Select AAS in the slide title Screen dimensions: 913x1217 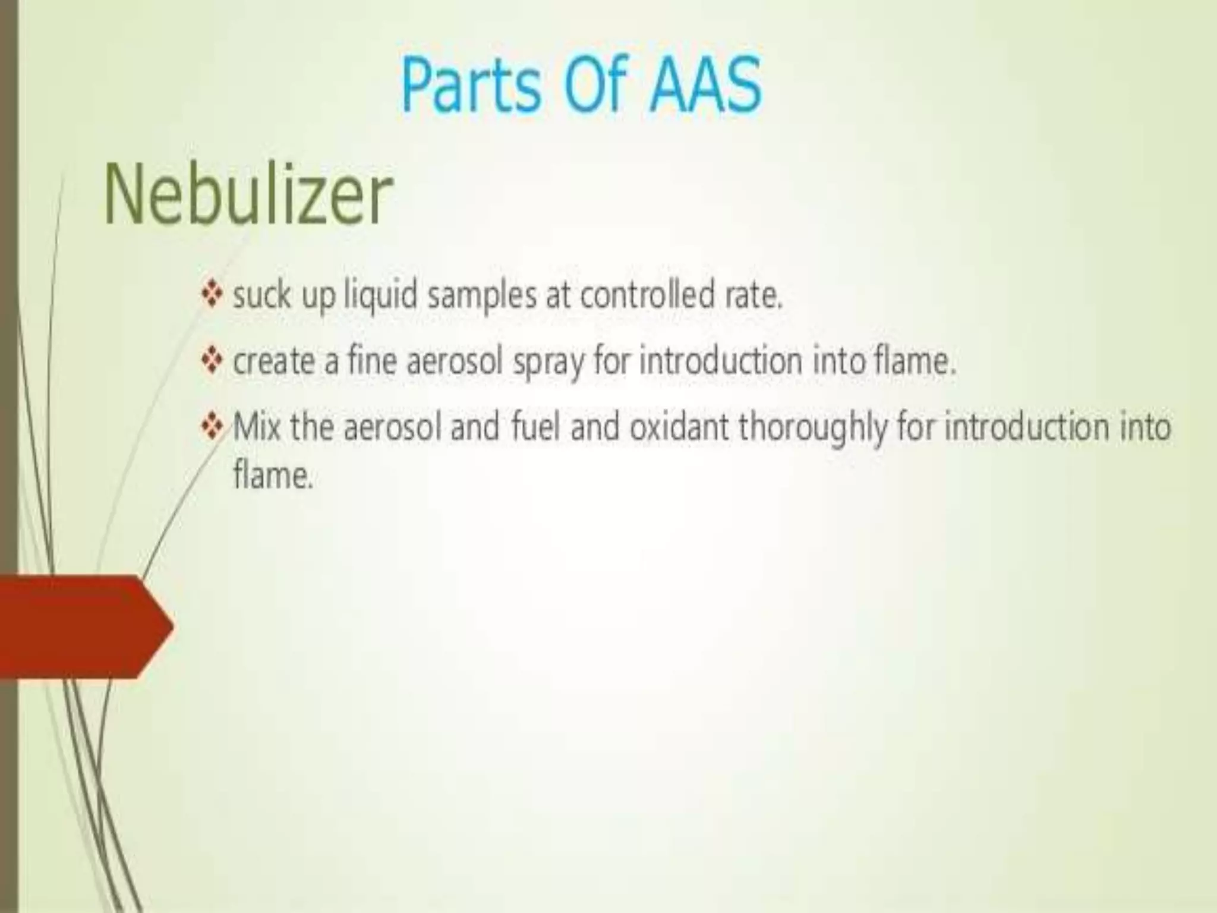[705, 86]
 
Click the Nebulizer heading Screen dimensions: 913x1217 [248, 195]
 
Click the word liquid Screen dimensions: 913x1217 [381, 295]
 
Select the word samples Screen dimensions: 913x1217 [482, 295]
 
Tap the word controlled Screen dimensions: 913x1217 [647, 295]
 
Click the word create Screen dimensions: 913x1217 [273, 362]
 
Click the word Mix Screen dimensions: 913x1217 [256, 427]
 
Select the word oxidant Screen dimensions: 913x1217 [679, 427]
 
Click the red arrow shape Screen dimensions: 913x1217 [83, 626]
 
